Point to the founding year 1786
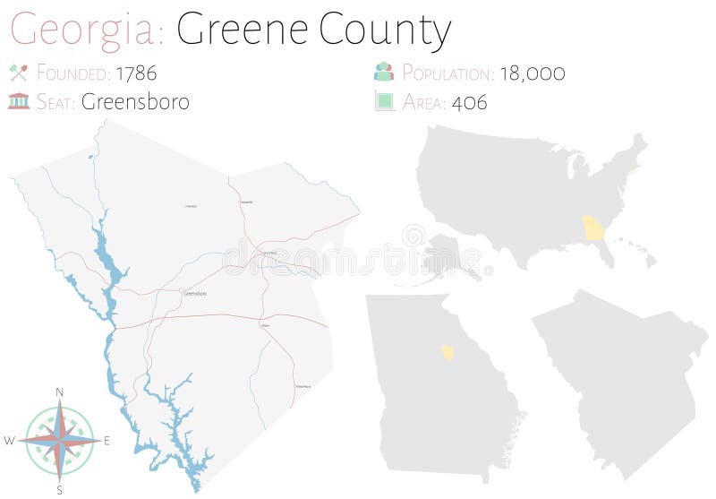[x=136, y=73]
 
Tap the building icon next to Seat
[x=18, y=100]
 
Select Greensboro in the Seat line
[x=135, y=101]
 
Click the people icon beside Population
[x=384, y=73]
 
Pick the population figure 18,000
[x=533, y=73]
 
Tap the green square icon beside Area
[x=384, y=101]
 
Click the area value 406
[x=470, y=101]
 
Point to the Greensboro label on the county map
[x=194, y=293]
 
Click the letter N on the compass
[x=60, y=392]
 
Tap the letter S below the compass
[x=60, y=489]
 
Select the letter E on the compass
[x=107, y=441]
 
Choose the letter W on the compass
[x=9, y=441]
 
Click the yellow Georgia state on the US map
[x=593, y=228]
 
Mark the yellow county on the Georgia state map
[x=447, y=351]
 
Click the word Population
[x=447, y=73]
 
